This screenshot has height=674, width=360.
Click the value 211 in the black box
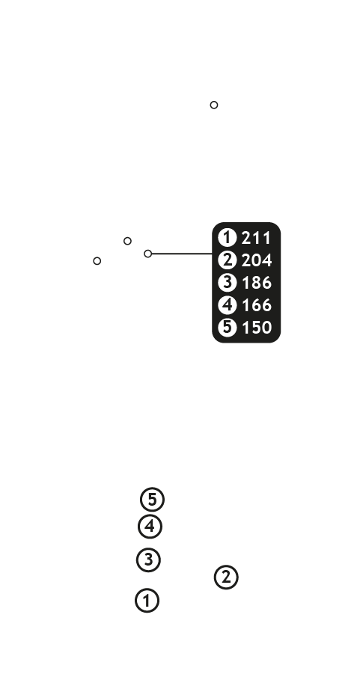pyautogui.click(x=257, y=238)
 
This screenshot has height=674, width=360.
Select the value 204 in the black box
pyautogui.click(x=257, y=260)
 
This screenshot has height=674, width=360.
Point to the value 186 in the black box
pyautogui.click(x=257, y=283)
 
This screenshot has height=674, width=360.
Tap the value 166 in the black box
pyautogui.click(x=257, y=305)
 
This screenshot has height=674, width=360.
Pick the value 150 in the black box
pyautogui.click(x=257, y=328)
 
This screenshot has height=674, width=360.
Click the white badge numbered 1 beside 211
pyautogui.click(x=227, y=238)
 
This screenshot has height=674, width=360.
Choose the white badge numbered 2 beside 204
pyautogui.click(x=227, y=260)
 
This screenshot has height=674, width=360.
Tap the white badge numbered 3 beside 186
pyautogui.click(x=227, y=283)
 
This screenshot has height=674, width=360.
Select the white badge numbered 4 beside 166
pyautogui.click(x=227, y=304)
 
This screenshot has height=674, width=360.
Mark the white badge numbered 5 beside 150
pyautogui.click(x=227, y=327)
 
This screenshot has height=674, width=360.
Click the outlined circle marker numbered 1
pyautogui.click(x=147, y=601)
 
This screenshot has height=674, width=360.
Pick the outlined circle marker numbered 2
pyautogui.click(x=226, y=578)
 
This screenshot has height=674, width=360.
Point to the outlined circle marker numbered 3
pyautogui.click(x=148, y=560)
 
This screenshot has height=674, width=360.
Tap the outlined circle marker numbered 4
pyautogui.click(x=150, y=527)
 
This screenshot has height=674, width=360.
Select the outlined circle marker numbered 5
pyautogui.click(x=152, y=500)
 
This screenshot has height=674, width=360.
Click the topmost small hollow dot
pyautogui.click(x=214, y=105)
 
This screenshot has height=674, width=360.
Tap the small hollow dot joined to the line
pyautogui.click(x=148, y=254)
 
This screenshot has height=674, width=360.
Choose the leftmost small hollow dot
pyautogui.click(x=97, y=261)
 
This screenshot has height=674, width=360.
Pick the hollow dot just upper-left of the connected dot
pyautogui.click(x=127, y=241)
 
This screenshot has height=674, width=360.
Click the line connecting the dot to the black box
pyautogui.click(x=182, y=254)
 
